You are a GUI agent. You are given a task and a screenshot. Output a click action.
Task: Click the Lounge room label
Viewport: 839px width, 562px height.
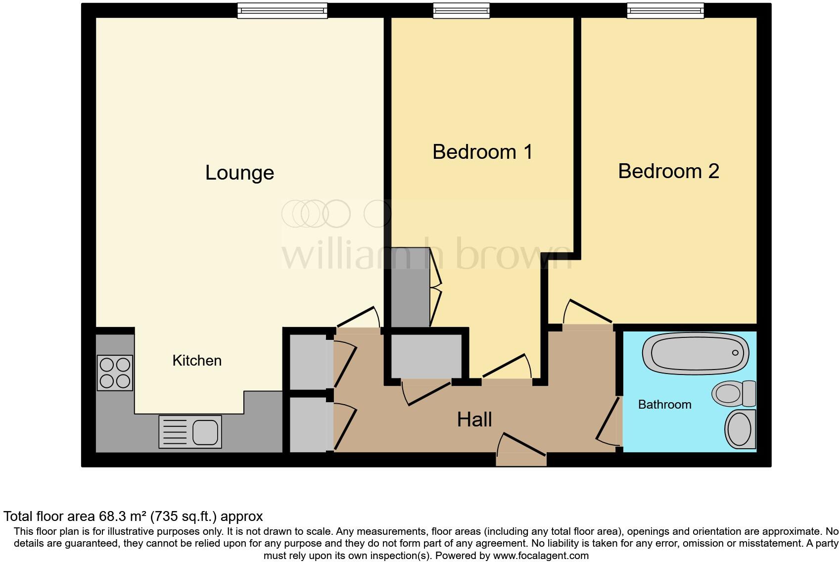(x=239, y=173)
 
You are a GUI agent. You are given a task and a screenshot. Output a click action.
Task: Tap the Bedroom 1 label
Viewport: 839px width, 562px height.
(x=482, y=152)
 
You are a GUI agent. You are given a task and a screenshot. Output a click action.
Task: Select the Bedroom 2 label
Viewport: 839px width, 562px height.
(x=668, y=171)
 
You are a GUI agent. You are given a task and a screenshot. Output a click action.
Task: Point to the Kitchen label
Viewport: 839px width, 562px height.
(x=197, y=361)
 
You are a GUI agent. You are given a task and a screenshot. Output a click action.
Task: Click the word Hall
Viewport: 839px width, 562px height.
(x=474, y=420)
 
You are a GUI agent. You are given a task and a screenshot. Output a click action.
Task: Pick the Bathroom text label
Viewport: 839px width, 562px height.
(x=664, y=405)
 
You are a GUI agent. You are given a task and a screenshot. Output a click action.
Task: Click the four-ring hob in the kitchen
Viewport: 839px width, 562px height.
(x=115, y=373)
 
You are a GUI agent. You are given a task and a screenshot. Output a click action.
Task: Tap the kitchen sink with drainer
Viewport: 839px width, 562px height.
(x=190, y=431)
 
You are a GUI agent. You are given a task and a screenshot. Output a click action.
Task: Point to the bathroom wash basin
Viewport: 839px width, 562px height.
(x=740, y=429)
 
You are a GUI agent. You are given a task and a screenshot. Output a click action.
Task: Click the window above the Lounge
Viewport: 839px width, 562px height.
(x=282, y=10)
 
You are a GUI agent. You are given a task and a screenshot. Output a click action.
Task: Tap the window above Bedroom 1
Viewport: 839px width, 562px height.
(x=461, y=10)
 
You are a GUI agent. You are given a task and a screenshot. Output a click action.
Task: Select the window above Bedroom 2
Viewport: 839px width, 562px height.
(x=665, y=10)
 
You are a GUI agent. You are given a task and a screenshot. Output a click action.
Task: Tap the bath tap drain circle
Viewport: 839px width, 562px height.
(x=735, y=353)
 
